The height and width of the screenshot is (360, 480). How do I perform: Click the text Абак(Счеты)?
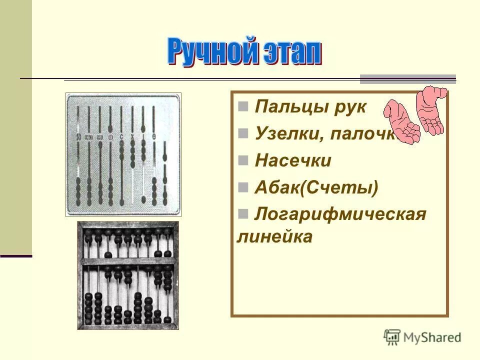coord(316,188)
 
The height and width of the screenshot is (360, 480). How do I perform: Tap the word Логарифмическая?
coord(340,214)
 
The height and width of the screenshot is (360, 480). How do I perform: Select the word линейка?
coord(274,236)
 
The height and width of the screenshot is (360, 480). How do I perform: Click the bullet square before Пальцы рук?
coord(243,106)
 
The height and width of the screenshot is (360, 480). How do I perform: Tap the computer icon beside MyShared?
coord(392,337)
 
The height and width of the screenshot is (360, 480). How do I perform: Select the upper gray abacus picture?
coord(123,154)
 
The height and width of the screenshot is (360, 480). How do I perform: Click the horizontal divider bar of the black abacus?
coord(127,261)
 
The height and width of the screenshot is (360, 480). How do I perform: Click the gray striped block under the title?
coord(408,78)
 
